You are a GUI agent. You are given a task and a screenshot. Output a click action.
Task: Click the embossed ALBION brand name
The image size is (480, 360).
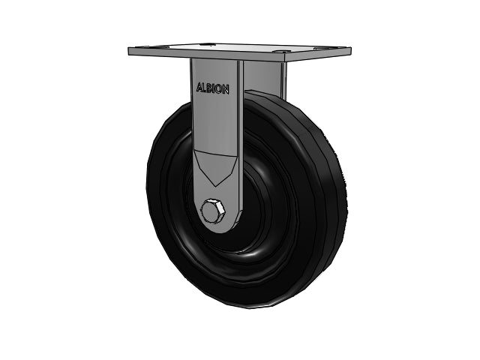pos(212,88)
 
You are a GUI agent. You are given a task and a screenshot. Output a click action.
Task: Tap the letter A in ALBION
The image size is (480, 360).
pos(199,87)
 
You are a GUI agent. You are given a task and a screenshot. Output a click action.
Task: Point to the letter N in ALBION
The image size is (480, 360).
pos(226,89)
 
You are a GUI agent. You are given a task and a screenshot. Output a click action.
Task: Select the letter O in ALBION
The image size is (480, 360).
pos(219,88)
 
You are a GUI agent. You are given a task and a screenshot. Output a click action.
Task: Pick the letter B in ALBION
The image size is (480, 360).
pos(209,88)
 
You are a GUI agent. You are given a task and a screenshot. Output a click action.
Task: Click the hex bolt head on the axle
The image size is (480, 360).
pos(212,211)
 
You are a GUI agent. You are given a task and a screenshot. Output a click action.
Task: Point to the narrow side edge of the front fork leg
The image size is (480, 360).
pos(240,138)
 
